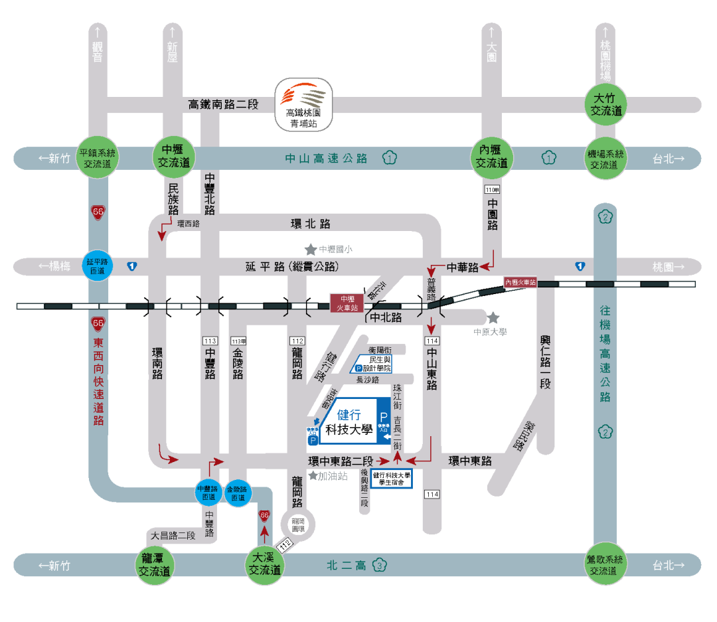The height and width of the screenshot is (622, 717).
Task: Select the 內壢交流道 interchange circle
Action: coord(492,157)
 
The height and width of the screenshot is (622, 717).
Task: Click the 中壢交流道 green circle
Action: coord(173,157)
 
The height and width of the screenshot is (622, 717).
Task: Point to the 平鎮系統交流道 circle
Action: coord(98,157)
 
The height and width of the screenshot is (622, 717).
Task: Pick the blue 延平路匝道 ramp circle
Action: coord(97,266)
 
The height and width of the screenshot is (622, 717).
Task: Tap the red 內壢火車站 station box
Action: coord(520,282)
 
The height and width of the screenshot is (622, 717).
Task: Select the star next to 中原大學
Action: coord(493,318)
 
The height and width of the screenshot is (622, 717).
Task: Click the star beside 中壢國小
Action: coord(310,250)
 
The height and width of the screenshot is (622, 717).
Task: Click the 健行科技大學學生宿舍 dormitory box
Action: coord(392,479)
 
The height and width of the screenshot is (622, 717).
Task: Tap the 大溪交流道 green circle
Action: coord(264,565)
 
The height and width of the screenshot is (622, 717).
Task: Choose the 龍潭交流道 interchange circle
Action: coord(154,565)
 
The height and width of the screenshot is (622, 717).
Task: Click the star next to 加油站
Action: coord(313,476)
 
